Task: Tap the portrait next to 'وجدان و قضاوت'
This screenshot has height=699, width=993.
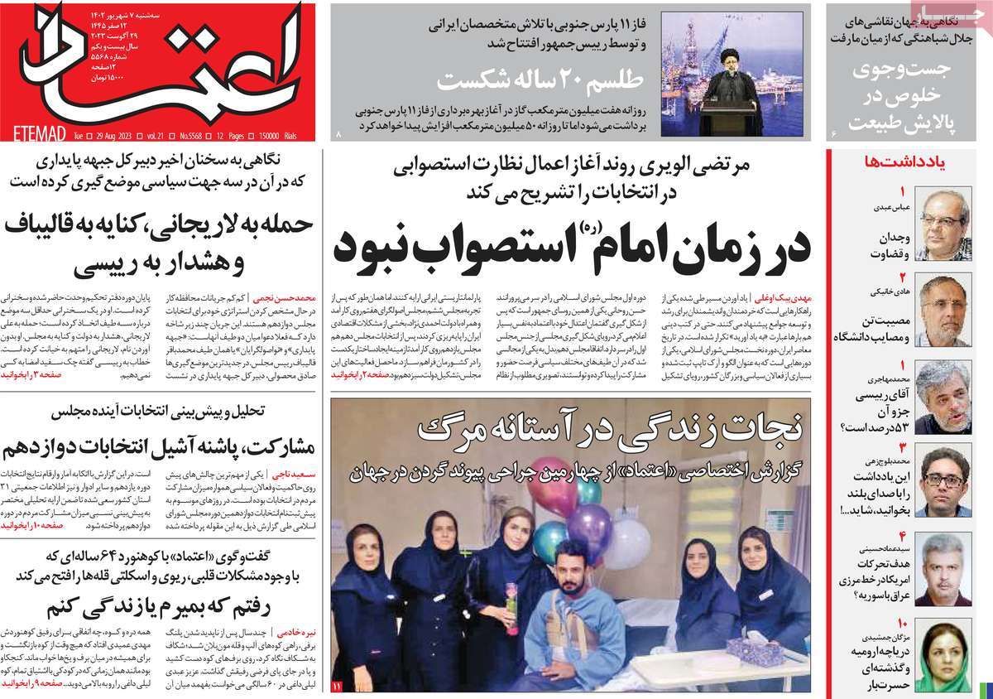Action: click(x=943, y=224)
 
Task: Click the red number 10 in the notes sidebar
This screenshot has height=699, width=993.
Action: click(x=902, y=623)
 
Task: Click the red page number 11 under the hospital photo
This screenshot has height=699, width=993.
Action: click(x=337, y=687)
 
